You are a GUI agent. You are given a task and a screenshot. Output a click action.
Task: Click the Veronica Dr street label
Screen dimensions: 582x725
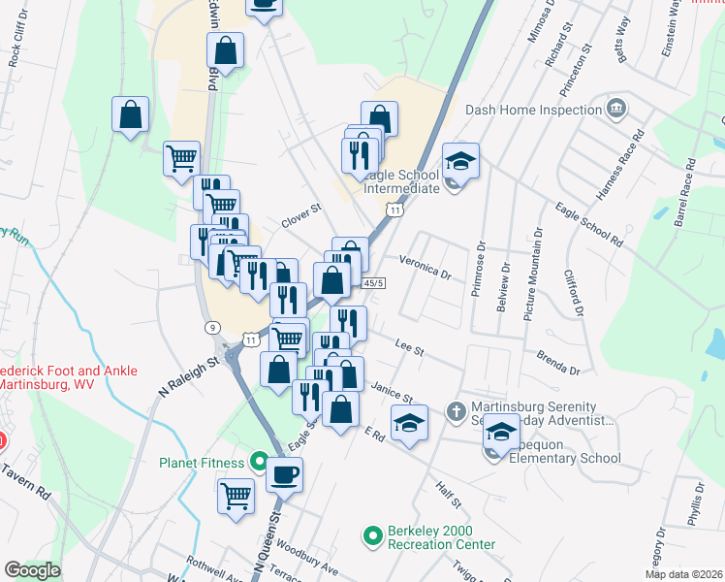pos(426,269)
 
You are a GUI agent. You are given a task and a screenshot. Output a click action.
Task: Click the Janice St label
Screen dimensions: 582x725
pos(391,392)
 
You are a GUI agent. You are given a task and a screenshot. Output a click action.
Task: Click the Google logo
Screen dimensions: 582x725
pos(33,569)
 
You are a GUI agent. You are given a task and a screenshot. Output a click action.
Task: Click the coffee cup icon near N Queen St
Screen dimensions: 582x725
pos(284,474)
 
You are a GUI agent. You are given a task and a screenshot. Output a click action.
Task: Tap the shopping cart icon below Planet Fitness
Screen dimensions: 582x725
pos(236,497)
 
